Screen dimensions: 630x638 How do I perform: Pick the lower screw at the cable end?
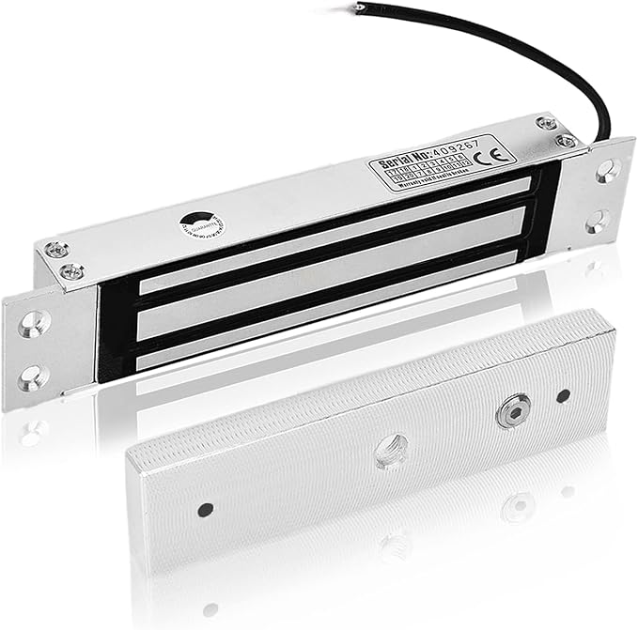pyautogui.click(x=565, y=141)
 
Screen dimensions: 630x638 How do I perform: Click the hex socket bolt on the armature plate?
pyautogui.click(x=510, y=414)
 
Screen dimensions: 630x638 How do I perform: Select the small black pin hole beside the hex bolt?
pyautogui.click(x=563, y=396)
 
